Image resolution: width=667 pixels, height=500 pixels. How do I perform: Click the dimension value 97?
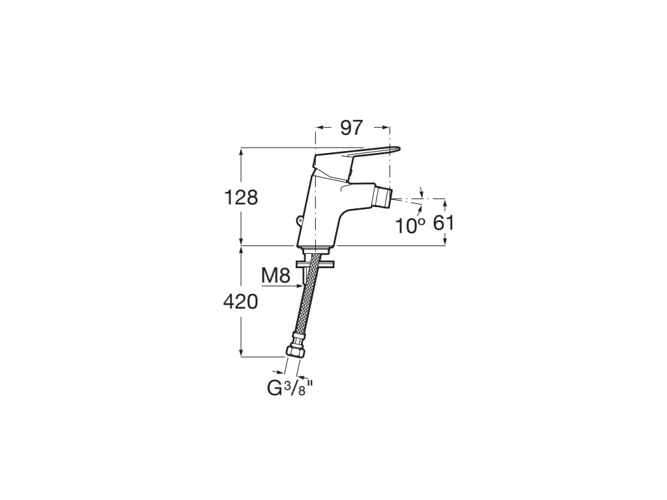click(x=351, y=128)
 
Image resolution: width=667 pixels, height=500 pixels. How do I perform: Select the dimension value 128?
click(x=241, y=198)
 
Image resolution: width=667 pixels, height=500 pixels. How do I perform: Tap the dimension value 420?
click(x=241, y=302)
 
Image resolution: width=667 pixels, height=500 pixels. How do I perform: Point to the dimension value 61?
click(x=443, y=223)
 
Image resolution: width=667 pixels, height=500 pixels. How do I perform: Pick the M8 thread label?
click(x=276, y=276)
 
